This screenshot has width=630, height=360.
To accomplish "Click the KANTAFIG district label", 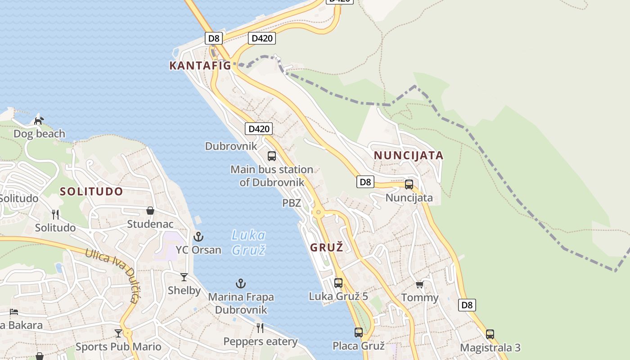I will (200, 66).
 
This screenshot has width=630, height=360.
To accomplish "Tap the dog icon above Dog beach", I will (39, 121).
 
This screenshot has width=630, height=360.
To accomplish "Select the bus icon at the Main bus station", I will (272, 156).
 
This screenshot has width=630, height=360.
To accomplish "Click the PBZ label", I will (292, 203).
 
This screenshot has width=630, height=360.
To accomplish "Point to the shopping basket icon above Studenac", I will (150, 211).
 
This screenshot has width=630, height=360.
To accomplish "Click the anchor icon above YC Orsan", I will (198, 236).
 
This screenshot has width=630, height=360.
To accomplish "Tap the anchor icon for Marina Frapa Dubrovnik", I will (241, 283).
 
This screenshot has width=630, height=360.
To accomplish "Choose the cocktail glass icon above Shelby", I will (184, 277).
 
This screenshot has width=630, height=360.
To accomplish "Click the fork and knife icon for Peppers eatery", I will (260, 328).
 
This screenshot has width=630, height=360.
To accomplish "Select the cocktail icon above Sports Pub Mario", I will (118, 333).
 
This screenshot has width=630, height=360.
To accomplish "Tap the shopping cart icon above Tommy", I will (419, 284).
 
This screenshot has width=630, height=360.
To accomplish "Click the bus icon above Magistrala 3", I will (490, 334).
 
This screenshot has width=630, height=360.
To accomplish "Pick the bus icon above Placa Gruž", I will (358, 333).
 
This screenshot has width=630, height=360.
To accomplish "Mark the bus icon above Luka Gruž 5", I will (338, 283).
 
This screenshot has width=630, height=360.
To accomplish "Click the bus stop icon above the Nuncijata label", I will (409, 184).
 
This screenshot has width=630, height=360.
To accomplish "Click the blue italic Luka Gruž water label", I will (248, 242).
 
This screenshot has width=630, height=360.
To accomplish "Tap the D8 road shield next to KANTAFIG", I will (214, 38).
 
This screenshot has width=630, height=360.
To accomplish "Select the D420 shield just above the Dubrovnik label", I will (259, 129).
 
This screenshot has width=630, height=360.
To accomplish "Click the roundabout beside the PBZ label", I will (319, 212).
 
